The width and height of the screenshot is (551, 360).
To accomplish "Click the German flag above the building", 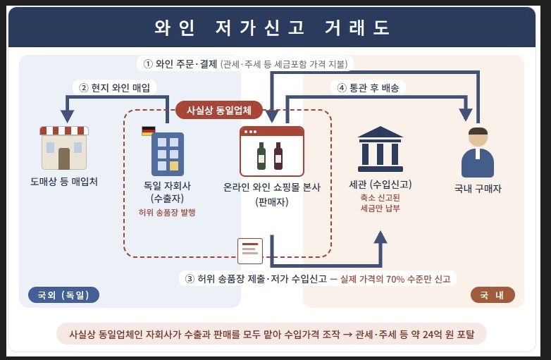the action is pyautogui.click(x=148, y=131).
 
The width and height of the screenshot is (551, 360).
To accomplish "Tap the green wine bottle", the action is pyautogui.click(x=261, y=156).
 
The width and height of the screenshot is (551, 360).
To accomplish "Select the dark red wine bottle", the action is pyautogui.click(x=278, y=156).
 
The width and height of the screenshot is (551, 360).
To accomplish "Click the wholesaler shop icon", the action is pyautogui.click(x=64, y=148).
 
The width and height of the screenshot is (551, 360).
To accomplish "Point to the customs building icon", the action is pyautogui.click(x=380, y=149).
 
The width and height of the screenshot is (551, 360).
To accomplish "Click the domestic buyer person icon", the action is pyautogui.click(x=478, y=152).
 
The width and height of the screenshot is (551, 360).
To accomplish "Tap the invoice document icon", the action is pyautogui.click(x=250, y=251).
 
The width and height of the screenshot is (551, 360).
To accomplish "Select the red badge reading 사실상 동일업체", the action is pyautogui.click(x=219, y=111).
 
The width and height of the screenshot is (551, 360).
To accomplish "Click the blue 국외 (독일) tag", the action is pyautogui.click(x=63, y=295).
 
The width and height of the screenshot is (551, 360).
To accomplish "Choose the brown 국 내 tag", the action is pyautogui.click(x=493, y=295).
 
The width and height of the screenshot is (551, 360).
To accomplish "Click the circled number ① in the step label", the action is pyautogui.click(x=148, y=64).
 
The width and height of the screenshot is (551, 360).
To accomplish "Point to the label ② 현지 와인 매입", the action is pyautogui.click(x=115, y=87).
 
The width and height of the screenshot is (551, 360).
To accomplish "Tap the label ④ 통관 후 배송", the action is pyautogui.click(x=368, y=87).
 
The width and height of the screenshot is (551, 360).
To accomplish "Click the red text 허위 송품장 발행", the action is pyautogui.click(x=167, y=212).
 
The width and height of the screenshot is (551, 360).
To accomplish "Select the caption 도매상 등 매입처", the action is pyautogui.click(x=64, y=182).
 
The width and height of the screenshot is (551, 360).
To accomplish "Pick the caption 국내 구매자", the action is pyautogui.click(x=478, y=189).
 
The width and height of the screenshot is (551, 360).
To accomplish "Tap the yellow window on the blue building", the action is pyautogui.click(x=174, y=166).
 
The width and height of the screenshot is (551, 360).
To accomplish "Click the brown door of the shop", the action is pyautogui.click(x=64, y=159).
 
